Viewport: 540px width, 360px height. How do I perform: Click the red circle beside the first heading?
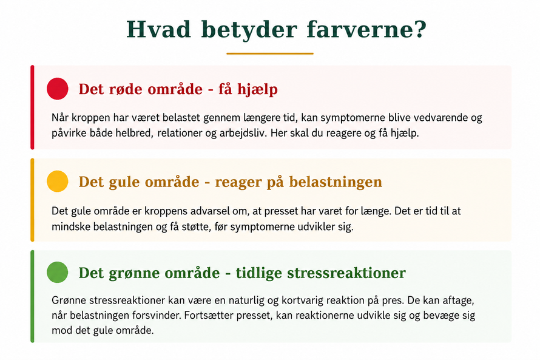click(58, 89)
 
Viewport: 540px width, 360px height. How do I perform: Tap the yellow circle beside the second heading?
click(58, 181)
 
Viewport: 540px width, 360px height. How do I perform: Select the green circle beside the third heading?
click(58, 272)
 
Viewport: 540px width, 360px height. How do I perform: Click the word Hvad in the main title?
click(158, 29)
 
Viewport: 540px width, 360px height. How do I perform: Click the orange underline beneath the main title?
click(270, 53)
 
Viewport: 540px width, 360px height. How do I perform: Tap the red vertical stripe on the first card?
click(32, 107)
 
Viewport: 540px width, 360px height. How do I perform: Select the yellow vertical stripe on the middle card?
click(32, 200)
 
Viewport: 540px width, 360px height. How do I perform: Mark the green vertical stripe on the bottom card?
click(32, 296)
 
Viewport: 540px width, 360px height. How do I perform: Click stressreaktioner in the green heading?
click(346, 273)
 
